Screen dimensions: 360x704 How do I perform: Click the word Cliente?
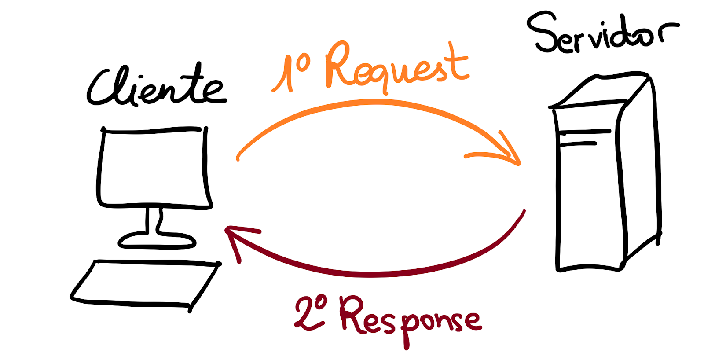156,86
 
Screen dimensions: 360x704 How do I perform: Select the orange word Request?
396,66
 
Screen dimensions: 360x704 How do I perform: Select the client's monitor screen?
154,167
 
